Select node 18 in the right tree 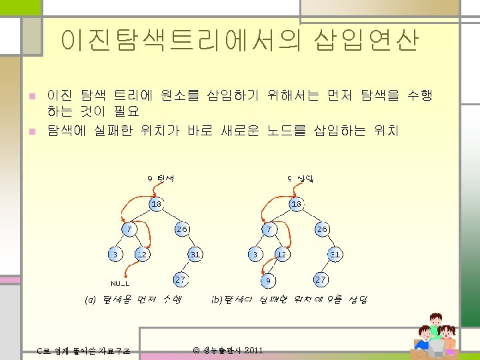click(297, 203)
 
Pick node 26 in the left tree click(181, 229)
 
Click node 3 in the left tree click(115, 254)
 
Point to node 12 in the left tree click(141, 254)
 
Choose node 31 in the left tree click(195, 254)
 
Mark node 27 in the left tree click(181, 279)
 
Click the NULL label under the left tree click(120, 283)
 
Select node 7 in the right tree click(269, 229)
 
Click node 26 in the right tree click(322, 229)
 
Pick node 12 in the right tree click(282, 254)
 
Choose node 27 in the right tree click(321, 279)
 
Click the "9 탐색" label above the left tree click(160, 178)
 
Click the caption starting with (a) click(133, 300)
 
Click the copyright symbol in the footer click(196, 351)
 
